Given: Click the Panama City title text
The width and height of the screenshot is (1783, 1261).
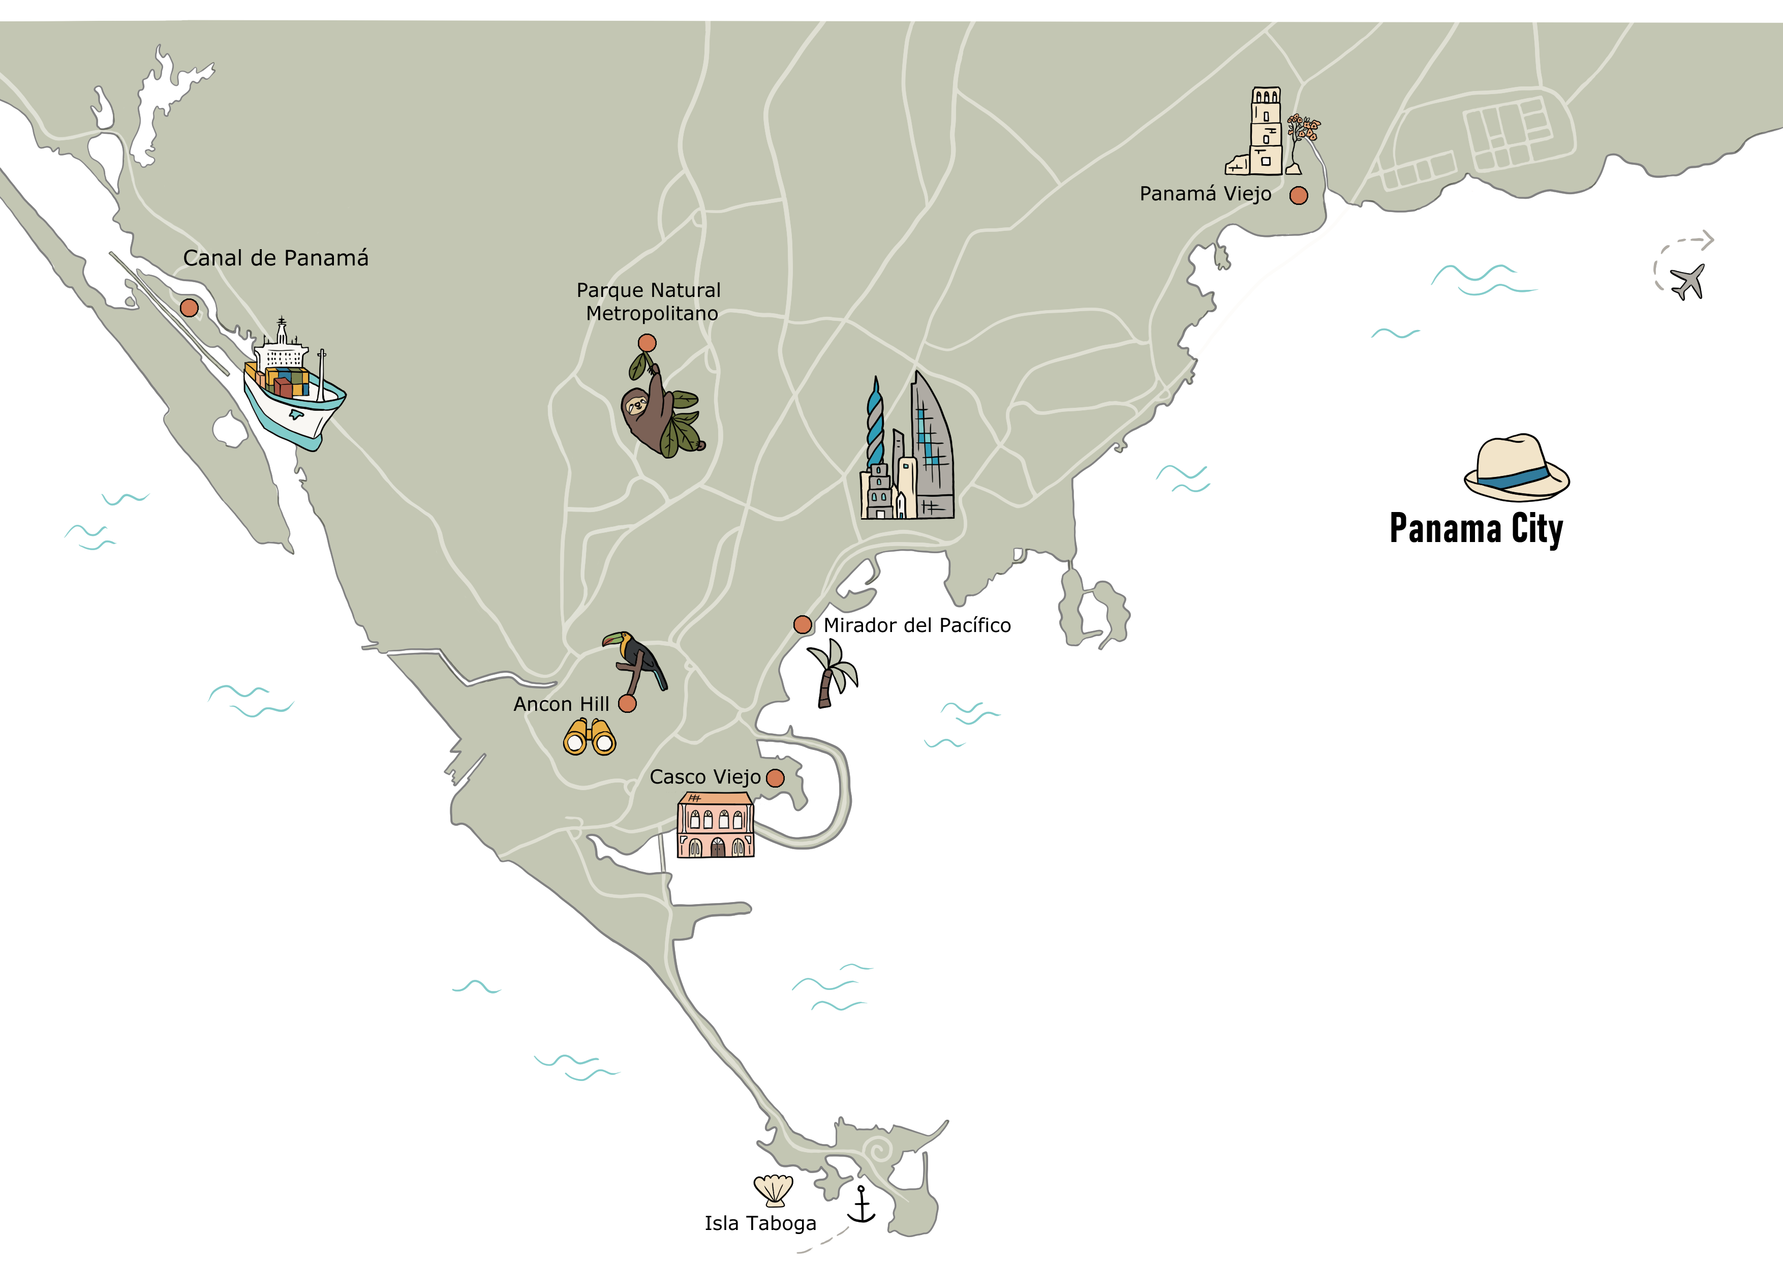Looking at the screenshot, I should [1475, 529].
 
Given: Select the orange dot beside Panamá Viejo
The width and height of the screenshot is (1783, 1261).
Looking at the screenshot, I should [1299, 196].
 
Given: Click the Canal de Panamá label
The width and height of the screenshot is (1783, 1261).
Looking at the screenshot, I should [275, 258].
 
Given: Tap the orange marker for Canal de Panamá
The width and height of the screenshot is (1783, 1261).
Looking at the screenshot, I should [189, 308].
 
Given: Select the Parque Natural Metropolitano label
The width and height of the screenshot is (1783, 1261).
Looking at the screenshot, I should [649, 302].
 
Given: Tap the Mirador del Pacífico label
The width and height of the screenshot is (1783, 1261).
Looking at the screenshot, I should [917, 625].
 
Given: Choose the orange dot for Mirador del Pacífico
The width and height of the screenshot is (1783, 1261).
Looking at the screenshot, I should [802, 625].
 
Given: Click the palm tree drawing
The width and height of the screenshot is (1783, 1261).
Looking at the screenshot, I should [832, 673].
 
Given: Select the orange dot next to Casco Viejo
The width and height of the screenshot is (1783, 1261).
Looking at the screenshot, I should [775, 778].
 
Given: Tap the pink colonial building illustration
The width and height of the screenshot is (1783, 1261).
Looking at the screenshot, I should [715, 825].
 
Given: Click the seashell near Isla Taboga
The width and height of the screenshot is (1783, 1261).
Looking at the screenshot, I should [774, 1189].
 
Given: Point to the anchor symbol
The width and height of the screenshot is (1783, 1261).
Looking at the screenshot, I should [861, 1204].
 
